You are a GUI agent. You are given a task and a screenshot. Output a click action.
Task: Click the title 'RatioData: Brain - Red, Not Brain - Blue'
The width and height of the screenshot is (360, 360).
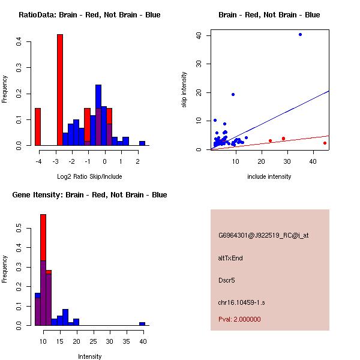coord(89,14)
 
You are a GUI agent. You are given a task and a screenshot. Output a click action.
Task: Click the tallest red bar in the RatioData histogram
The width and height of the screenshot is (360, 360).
coord(60,90)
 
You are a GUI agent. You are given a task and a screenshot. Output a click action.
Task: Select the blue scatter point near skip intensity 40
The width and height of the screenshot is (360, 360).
coord(300,35)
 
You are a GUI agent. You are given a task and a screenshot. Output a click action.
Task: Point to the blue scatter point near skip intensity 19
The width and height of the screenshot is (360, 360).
coord(233,94)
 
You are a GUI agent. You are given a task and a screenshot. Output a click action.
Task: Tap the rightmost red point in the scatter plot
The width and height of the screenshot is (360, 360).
coord(325,143)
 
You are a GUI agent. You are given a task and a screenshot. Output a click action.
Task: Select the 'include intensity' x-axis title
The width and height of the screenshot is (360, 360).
coord(269,176)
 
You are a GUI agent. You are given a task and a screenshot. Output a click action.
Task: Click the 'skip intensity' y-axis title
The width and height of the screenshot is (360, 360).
coord(184,90)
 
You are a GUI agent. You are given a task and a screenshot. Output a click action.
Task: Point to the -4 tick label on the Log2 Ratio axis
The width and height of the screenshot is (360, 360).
coord(38,161)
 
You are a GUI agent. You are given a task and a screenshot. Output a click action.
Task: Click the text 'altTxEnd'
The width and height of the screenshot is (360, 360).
coord(230,258)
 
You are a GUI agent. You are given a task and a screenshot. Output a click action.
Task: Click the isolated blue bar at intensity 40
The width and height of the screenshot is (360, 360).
coord(142,323)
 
